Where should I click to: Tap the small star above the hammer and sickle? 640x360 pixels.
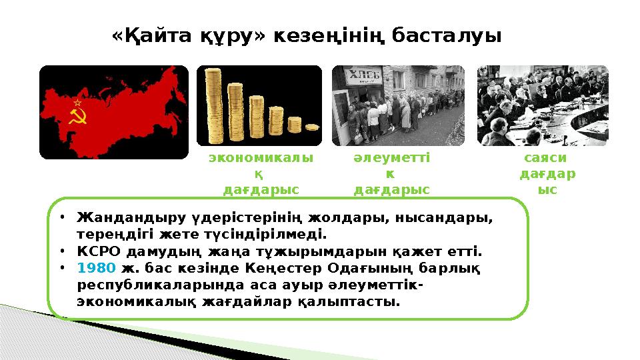[x=77, y=103]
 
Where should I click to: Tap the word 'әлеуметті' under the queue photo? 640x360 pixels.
[x=391, y=158]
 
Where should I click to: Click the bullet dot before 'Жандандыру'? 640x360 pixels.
[x=61, y=218]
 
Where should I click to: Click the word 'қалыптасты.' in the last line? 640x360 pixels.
[x=363, y=301]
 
